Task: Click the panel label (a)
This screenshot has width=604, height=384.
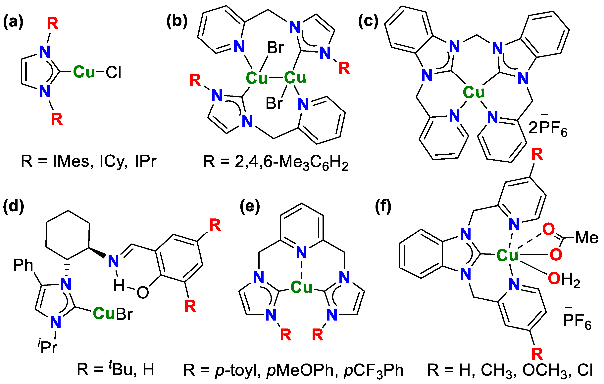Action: coord(13,22)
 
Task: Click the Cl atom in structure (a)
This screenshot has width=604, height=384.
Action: coord(113,73)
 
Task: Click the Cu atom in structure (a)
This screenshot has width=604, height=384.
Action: coord(84,72)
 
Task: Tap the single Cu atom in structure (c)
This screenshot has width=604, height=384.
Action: coord(474,92)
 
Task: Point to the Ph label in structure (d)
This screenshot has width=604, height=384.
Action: coord(23,265)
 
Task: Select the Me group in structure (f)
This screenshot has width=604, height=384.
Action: coord(586,238)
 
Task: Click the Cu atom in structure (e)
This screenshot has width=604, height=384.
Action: coord(301,287)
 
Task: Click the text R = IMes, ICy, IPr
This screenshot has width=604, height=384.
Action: coord(88,161)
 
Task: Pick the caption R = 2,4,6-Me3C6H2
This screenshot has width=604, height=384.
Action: coord(276,162)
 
